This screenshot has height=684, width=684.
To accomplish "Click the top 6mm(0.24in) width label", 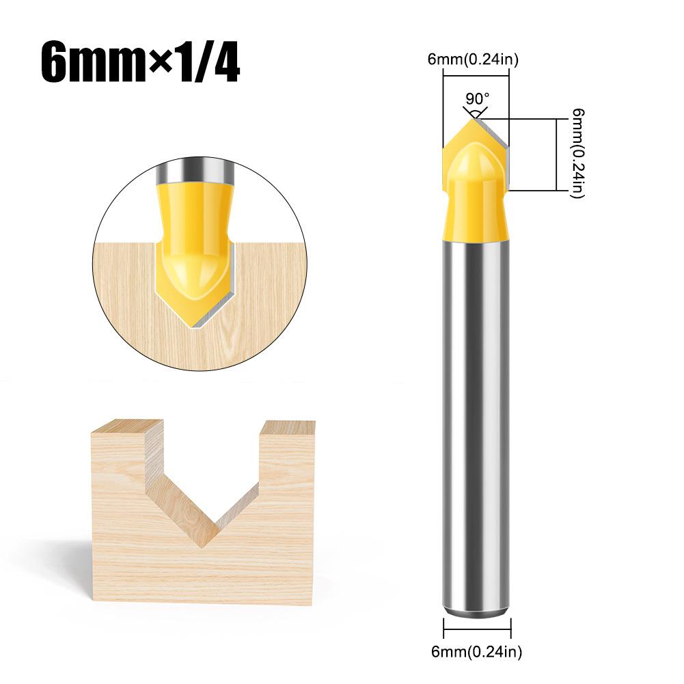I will [x=473, y=60].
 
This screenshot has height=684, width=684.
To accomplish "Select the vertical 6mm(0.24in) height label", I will [x=578, y=154].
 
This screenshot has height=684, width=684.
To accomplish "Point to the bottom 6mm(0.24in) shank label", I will [x=478, y=652].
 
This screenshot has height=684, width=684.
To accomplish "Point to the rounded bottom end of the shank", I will [x=476, y=612].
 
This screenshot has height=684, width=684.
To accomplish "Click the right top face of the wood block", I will [x=287, y=426].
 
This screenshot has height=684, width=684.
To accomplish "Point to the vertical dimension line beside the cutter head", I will [x=552, y=154].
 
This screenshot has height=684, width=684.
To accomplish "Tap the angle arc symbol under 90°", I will [x=476, y=110].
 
